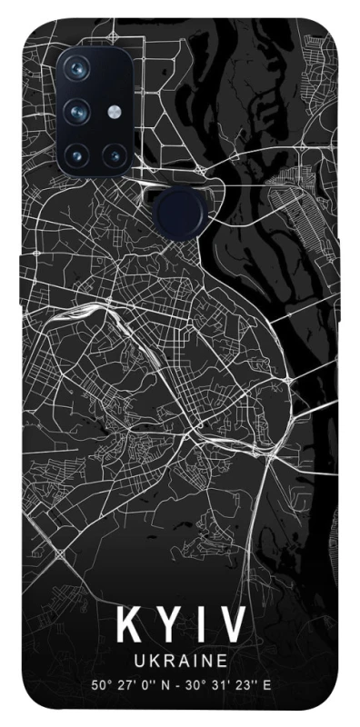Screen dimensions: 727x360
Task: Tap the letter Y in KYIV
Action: click(x=165, y=626)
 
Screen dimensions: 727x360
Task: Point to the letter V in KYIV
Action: click(x=230, y=626)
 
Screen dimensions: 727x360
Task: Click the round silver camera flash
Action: click(x=114, y=111)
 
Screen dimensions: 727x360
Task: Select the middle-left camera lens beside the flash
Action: click(x=78, y=111)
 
